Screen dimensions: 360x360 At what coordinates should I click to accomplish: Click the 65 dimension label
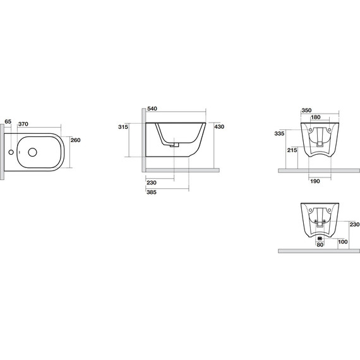[8, 121]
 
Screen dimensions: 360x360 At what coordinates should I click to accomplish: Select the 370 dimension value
[23, 124]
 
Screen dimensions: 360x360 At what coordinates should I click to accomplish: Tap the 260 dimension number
[76, 140]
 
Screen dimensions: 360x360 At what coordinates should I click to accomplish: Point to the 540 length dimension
[152, 109]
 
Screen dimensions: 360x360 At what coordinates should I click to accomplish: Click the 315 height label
[123, 127]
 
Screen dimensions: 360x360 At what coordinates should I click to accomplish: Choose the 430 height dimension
[219, 127]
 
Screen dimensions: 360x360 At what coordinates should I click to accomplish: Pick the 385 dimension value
[152, 192]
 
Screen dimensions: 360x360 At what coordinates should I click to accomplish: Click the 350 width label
[306, 111]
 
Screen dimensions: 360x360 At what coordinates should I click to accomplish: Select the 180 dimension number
[315, 117]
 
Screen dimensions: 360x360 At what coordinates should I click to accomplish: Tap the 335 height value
[279, 133]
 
